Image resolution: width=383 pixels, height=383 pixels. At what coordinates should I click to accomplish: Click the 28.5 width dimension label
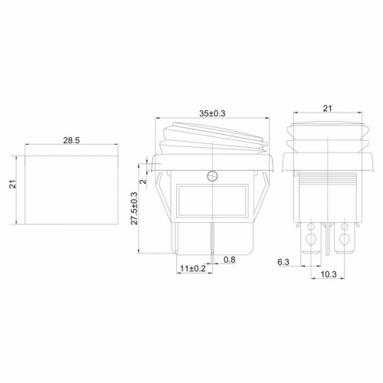coord(71,140)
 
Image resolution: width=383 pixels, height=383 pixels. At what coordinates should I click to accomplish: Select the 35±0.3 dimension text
coord(212,113)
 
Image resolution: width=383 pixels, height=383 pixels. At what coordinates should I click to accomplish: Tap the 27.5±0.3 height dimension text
coord(134,208)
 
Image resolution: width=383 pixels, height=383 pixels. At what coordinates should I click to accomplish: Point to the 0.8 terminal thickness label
coord(229,260)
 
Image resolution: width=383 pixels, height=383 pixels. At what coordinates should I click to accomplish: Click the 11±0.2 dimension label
coord(193,268)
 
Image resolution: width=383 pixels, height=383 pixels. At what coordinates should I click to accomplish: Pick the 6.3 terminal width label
coord(283,262)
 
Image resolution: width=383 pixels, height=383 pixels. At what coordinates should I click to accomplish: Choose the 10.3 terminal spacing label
coord(329,274)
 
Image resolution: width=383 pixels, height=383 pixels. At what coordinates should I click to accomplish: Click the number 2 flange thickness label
coord(143,182)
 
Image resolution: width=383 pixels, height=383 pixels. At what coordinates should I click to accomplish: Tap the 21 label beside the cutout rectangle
coord(12,185)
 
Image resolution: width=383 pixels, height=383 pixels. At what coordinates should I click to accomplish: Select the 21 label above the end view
coord(327,109)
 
